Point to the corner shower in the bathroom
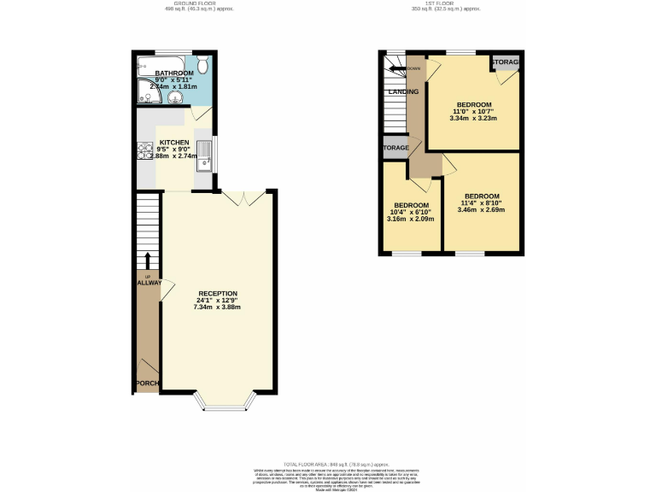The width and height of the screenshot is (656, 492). tap(144, 95)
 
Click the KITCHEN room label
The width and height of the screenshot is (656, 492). tap(173, 143)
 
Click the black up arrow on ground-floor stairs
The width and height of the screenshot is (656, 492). tap(147, 261)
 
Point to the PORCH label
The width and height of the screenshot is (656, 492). tap(147, 383)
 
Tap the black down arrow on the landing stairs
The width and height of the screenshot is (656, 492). tap(395, 68)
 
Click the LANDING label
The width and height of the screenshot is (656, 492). tap(403, 91)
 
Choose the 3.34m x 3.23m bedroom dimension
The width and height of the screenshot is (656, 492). tap(473, 119)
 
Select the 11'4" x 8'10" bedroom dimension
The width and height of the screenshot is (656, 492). tap(482, 202)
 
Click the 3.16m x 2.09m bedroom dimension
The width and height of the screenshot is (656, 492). tap(412, 219)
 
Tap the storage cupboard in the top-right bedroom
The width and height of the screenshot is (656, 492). tap(504, 62)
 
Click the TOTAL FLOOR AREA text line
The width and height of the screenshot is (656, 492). tap(328, 462)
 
